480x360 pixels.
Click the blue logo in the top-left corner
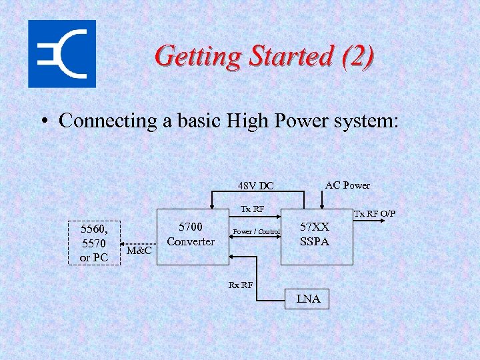coord(62,54)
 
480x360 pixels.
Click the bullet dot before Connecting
coord(43,121)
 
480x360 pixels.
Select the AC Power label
coord(347,185)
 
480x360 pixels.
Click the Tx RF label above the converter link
coord(253,209)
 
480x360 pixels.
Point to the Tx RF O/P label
coord(375,213)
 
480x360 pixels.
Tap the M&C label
coord(139,251)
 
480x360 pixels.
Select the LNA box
coord(308,299)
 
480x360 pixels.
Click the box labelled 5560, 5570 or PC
coord(93,243)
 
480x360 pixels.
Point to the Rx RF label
coord(241,285)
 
